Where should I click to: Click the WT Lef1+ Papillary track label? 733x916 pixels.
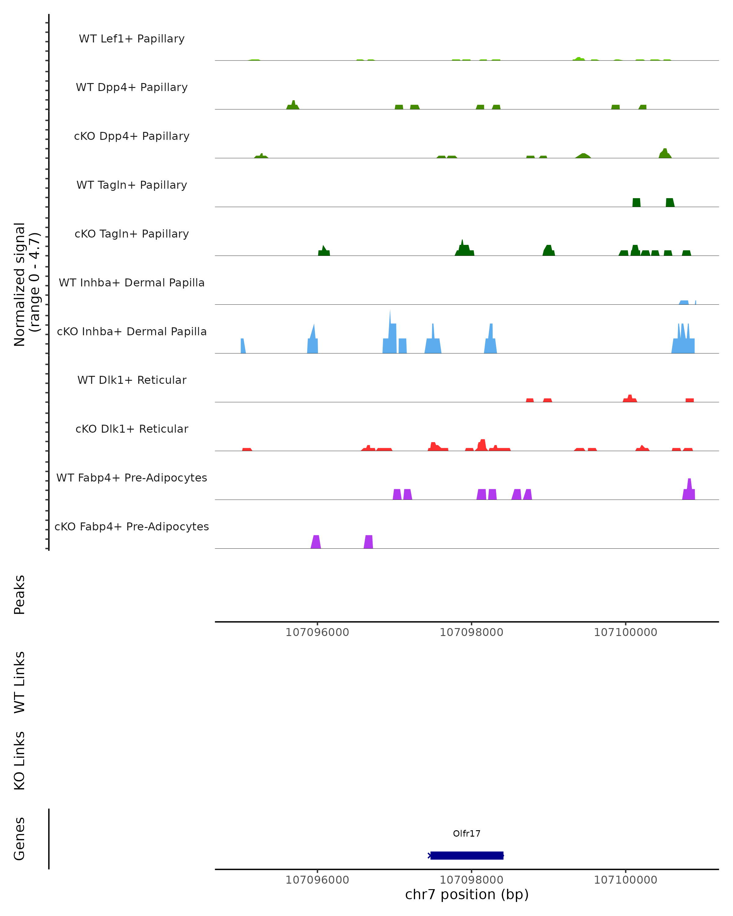tap(132, 39)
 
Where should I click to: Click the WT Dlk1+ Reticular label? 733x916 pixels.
tap(132, 380)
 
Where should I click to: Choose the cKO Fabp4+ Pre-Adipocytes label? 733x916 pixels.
tap(132, 526)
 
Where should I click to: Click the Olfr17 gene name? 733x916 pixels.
tap(467, 833)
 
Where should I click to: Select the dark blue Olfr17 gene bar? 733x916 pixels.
tap(467, 855)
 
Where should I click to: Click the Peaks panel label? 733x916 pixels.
tap(20, 594)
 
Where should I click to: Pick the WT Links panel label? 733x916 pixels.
tap(20, 682)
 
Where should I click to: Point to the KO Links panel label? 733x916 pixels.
tap(20, 761)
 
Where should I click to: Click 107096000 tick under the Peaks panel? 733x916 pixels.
tap(317, 632)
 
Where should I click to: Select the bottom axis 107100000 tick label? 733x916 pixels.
tap(625, 880)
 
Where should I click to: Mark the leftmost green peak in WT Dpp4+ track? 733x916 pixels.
tap(293, 105)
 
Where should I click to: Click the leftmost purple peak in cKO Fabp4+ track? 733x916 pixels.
tap(316, 542)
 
